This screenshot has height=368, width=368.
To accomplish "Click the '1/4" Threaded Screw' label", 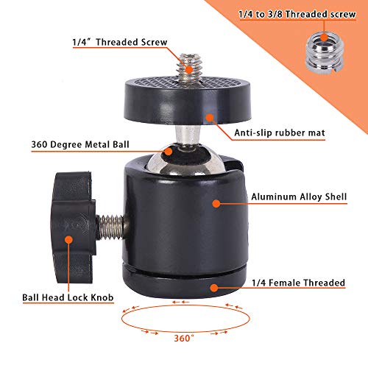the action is click(120, 42).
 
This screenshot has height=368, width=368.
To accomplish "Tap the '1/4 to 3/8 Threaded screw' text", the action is click(297, 14).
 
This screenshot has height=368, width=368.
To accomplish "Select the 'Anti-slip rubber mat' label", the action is click(280, 132).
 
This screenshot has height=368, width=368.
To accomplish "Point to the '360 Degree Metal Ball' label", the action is click(80, 144).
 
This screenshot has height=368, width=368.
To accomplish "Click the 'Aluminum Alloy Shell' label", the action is click(299, 197).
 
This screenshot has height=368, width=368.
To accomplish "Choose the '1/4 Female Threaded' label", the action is click(299, 283).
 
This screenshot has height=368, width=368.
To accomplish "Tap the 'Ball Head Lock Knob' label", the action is click(68, 297).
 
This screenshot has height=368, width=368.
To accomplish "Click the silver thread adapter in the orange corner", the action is click(325, 53).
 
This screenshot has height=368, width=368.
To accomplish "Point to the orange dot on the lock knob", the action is click(69, 240).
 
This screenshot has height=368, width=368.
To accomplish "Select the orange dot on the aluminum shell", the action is click(216, 203).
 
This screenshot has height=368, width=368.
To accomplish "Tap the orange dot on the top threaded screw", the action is click(189, 69).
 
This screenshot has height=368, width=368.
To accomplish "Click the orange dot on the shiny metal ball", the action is click(169, 152).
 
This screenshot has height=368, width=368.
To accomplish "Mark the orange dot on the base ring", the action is click(214, 288).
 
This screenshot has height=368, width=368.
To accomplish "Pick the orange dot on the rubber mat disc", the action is click(210, 118).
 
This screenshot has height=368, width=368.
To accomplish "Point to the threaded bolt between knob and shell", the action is click(112, 227).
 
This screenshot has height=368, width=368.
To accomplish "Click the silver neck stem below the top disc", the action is click(188, 135).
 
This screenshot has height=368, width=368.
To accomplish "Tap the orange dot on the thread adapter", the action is click(325, 38).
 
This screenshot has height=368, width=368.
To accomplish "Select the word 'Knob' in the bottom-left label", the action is click(102, 297).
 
